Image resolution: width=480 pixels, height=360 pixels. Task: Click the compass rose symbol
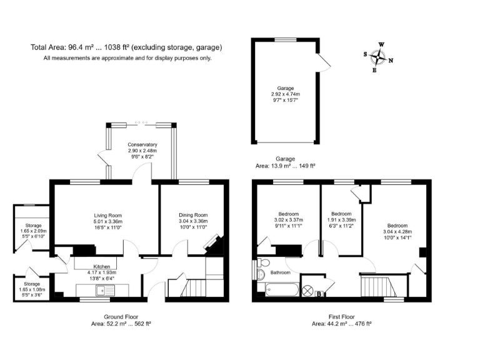pos(378,57)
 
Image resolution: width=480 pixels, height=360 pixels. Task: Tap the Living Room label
pos(104,222)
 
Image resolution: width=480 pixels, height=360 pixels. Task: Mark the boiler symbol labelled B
pos(318,294)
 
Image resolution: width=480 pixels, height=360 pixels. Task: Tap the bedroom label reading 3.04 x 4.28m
pos(397,232)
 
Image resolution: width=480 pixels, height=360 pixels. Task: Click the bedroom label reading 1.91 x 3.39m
pos(341,219)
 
